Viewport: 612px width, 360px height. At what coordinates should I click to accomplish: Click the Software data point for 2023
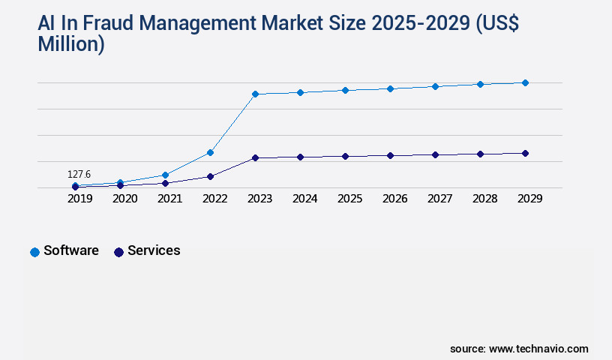tap(255, 94)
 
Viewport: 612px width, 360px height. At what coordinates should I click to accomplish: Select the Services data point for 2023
tap(255, 158)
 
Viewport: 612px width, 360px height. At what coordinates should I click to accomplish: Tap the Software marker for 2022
tap(210, 152)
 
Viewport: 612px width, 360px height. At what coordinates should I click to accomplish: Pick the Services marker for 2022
tap(210, 176)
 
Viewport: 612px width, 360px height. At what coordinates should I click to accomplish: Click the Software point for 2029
tap(525, 82)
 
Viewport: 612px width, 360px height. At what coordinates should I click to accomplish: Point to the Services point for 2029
tap(525, 153)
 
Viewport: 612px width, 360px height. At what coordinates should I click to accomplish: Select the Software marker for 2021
tap(165, 175)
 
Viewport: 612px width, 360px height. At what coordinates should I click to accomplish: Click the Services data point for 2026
tap(390, 155)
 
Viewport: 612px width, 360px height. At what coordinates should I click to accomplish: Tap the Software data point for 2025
tap(345, 90)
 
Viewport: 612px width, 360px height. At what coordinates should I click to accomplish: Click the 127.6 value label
tap(79, 174)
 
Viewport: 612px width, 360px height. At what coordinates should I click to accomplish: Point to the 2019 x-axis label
tap(79, 199)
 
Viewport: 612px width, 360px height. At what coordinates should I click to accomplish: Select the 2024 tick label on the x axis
tap(304, 199)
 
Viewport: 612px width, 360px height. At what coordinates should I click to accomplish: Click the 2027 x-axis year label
tap(439, 199)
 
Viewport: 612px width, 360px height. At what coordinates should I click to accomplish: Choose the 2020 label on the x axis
tap(124, 199)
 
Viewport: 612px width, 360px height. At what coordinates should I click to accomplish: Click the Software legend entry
tap(70, 250)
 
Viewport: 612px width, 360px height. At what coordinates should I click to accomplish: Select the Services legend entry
tap(153, 250)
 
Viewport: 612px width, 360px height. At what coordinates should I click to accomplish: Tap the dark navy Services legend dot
tap(118, 252)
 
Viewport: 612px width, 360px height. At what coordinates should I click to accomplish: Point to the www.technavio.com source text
tap(538, 349)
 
